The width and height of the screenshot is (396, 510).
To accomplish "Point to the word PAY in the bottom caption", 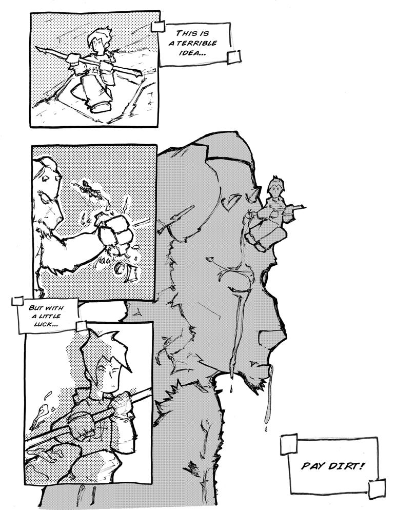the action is (313, 466).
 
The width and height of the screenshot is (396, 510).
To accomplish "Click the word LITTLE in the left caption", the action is (49, 316).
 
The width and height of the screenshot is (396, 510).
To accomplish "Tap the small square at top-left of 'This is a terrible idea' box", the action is (157, 27).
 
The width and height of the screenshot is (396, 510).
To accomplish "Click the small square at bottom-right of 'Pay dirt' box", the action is (377, 488).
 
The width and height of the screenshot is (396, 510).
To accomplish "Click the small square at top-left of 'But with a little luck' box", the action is (17, 301).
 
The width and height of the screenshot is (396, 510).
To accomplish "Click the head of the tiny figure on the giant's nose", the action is (276, 188).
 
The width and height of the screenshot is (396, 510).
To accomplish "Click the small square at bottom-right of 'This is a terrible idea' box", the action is (234, 57).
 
